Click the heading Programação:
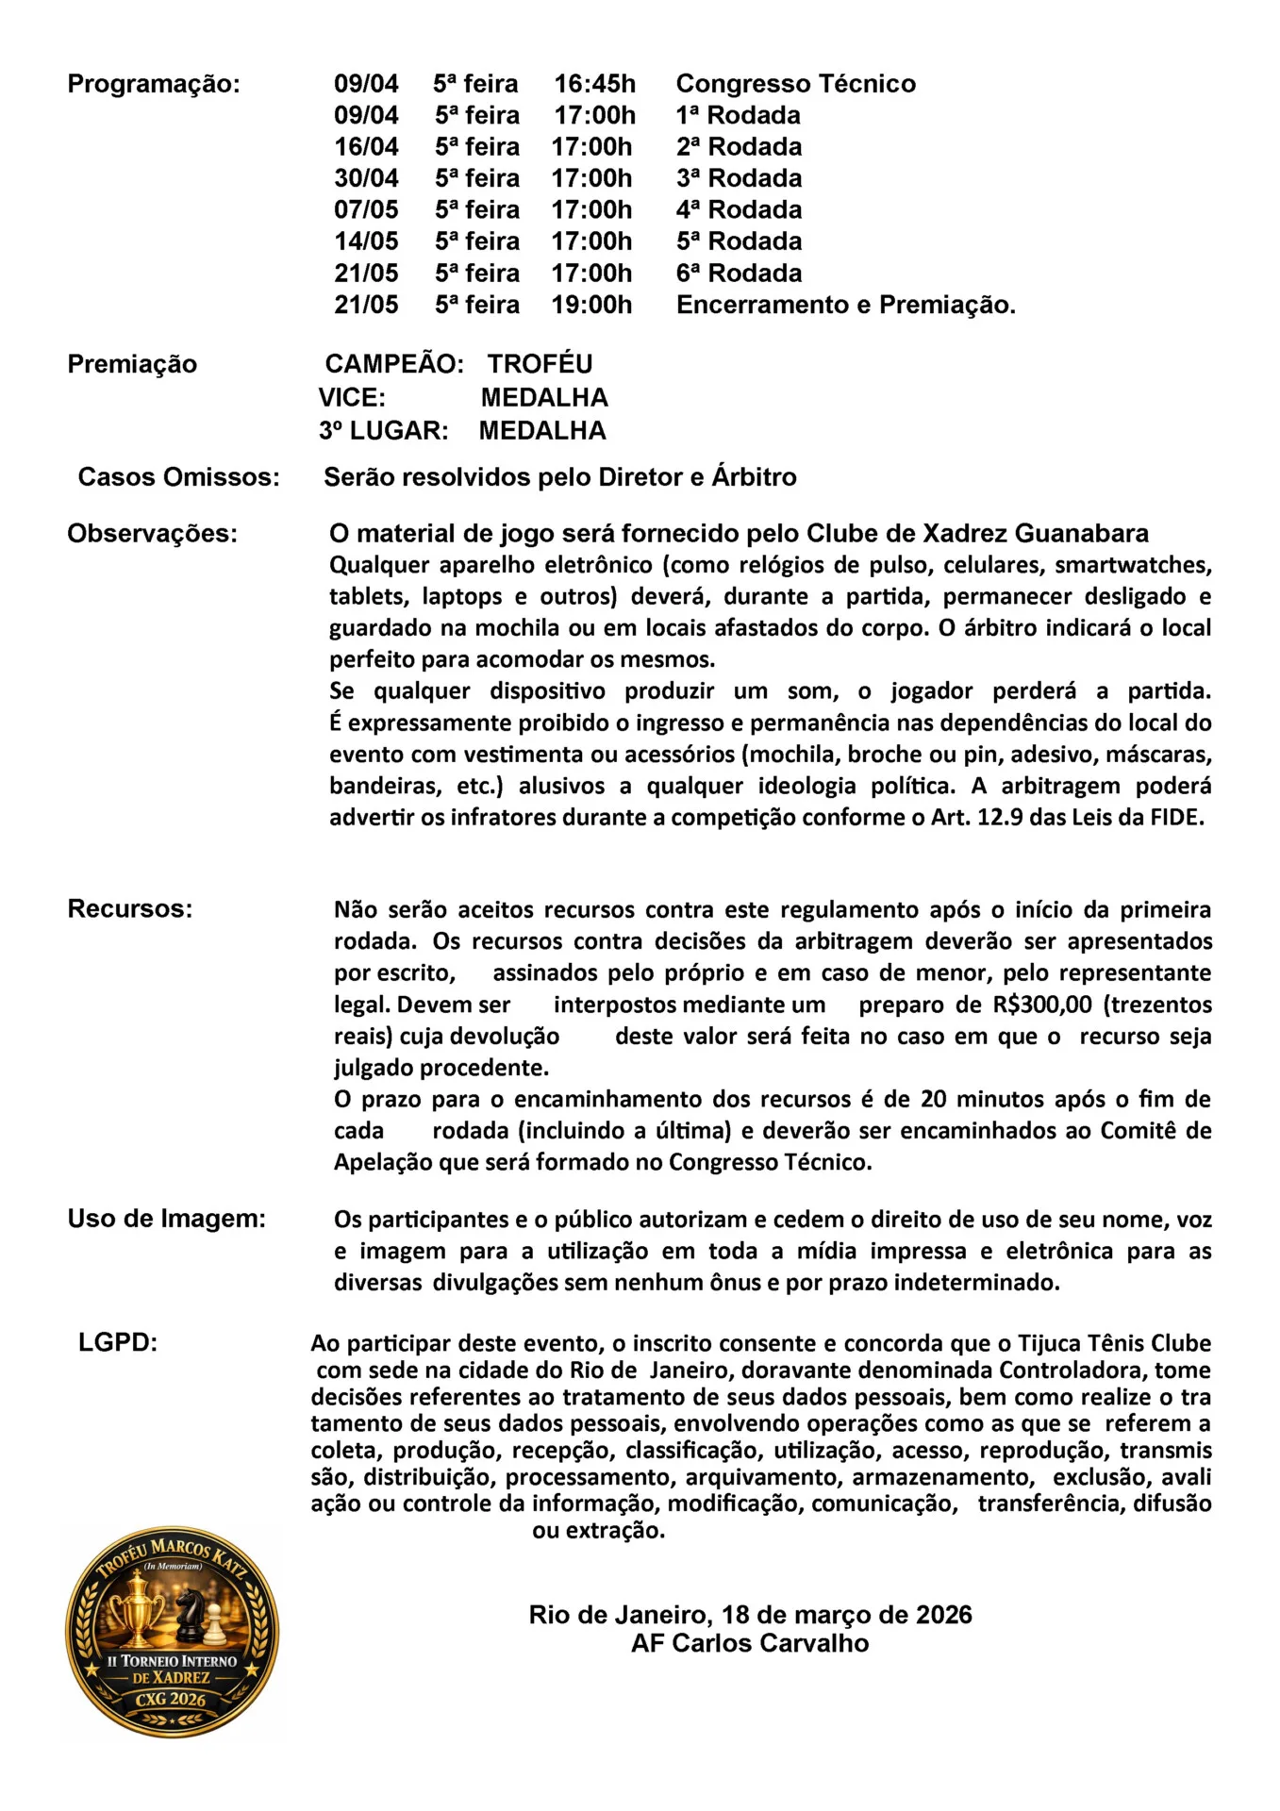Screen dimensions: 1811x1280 [x=154, y=84]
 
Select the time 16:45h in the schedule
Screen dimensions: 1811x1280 [x=594, y=84]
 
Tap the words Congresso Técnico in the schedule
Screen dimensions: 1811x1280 [x=795, y=84]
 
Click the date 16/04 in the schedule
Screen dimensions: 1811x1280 [x=366, y=147]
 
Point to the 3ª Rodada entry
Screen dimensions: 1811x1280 [x=739, y=178]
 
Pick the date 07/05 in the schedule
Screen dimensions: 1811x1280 [x=366, y=209]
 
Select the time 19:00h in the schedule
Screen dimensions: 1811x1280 [x=591, y=305]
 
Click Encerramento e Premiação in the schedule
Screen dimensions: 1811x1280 [x=845, y=305]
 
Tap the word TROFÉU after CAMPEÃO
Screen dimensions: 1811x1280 [x=540, y=364]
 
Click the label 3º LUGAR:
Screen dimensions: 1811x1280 [x=383, y=431]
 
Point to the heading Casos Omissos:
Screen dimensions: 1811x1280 [x=178, y=477]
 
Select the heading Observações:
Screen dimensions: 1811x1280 [x=152, y=534]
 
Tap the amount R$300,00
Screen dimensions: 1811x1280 [x=1041, y=1005]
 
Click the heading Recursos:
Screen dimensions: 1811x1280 [x=129, y=908]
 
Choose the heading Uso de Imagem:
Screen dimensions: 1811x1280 [x=166, y=1219]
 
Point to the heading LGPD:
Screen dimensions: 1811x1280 [x=118, y=1342]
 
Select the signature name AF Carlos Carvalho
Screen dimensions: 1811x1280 [x=750, y=1643]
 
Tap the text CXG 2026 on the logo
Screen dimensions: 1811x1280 [x=171, y=1699]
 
